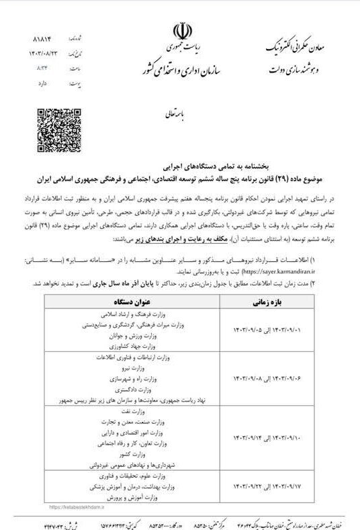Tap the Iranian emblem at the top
(181, 32)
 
